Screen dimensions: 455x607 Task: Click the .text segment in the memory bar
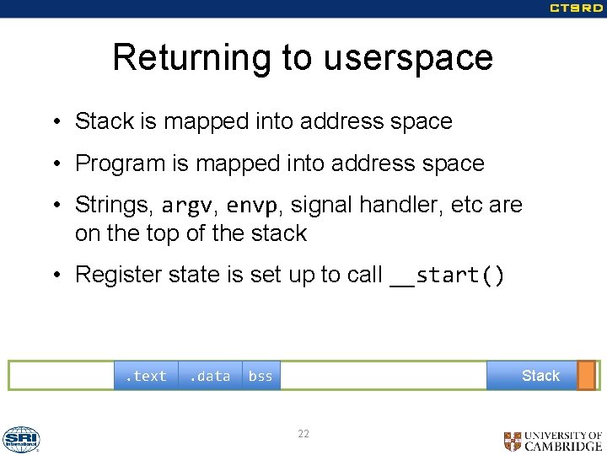click(147, 376)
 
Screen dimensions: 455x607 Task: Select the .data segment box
click(210, 376)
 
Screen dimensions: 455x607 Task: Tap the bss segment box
click(261, 376)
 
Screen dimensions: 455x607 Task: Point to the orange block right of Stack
click(586, 376)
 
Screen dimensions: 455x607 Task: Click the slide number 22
click(303, 433)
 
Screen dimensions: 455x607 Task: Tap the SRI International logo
click(21, 439)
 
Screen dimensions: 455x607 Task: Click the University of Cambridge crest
click(513, 441)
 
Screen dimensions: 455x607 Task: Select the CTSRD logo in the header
click(576, 8)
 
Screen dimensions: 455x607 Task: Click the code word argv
click(186, 205)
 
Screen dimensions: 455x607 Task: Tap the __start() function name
click(448, 276)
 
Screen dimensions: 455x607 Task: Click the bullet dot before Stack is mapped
click(54, 122)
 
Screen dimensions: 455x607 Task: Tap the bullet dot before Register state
click(54, 276)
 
